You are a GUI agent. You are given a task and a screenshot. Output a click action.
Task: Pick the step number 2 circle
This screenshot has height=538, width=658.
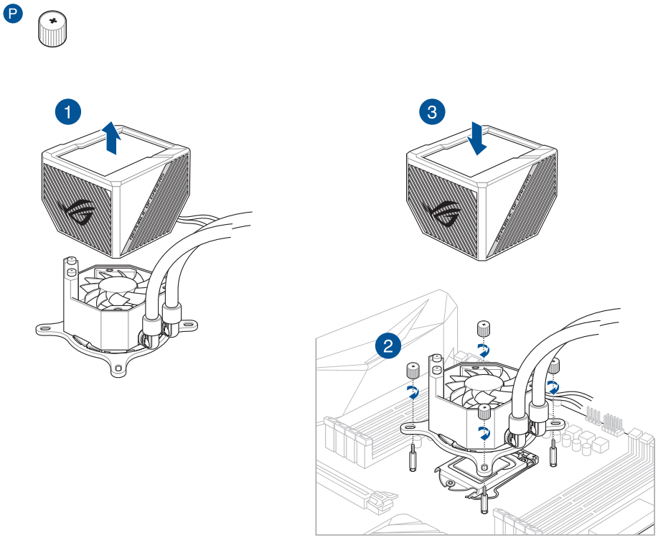click(x=388, y=347)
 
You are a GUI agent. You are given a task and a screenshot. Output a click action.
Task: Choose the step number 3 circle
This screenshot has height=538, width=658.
click(x=431, y=111)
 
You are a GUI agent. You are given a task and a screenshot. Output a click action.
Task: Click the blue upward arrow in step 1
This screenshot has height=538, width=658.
click(x=111, y=137)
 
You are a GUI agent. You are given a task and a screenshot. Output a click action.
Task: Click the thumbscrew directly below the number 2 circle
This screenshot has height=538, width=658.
click(x=413, y=371)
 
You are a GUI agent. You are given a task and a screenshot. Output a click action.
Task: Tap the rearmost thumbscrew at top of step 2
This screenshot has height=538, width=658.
click(x=484, y=330)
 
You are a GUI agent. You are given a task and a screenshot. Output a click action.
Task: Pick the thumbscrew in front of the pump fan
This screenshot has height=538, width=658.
click(x=484, y=412)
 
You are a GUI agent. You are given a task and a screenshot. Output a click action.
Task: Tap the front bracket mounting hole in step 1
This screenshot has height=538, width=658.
click(x=117, y=368)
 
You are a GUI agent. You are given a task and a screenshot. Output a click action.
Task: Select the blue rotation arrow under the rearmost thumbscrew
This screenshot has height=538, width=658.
click(x=484, y=351)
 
